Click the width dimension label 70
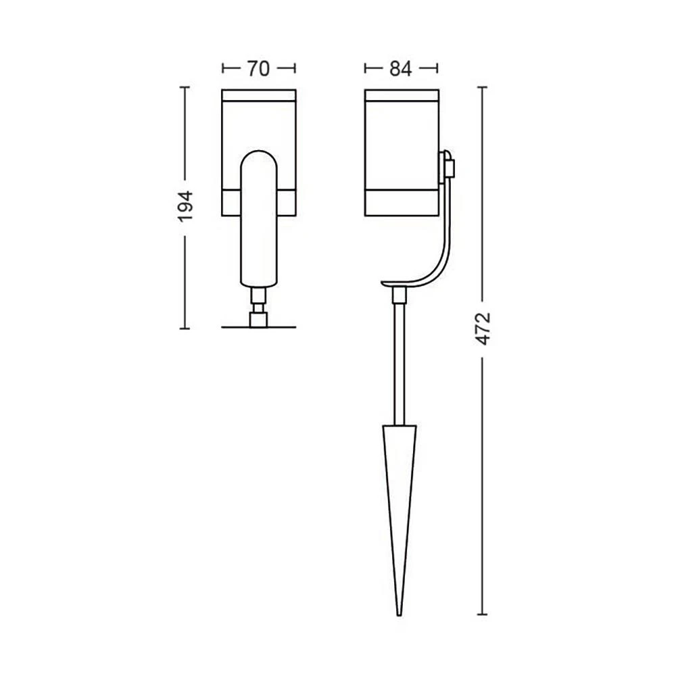pyautogui.click(x=258, y=68)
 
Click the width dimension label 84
pyautogui.click(x=400, y=68)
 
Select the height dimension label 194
pyautogui.click(x=186, y=206)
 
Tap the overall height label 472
pyautogui.click(x=483, y=329)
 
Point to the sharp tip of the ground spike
pyautogui.click(x=400, y=615)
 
